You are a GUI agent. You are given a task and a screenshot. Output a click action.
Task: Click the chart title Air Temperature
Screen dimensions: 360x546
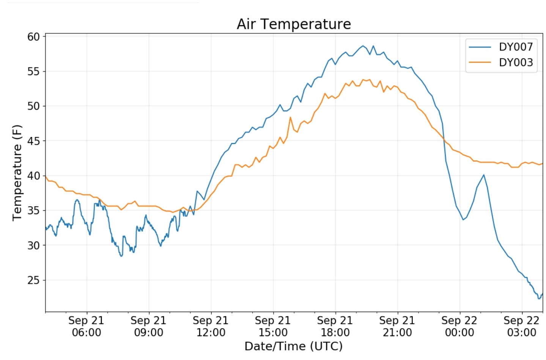tap(294, 24)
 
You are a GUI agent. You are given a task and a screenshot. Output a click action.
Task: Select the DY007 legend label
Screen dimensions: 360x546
tap(516, 47)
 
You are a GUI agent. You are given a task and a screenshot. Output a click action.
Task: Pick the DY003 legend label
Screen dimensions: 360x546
tap(516, 62)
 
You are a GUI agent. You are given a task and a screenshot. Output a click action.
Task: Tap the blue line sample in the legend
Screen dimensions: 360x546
tap(480, 47)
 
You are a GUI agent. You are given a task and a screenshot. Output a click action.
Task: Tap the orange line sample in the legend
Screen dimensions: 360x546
tap(480, 62)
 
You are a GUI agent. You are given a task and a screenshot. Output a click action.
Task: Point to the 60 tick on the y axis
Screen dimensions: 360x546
tap(33, 37)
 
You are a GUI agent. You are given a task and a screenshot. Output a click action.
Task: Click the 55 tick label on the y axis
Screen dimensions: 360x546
tap(33, 71)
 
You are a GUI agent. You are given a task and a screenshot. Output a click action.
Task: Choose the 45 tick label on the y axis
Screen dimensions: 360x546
tap(33, 141)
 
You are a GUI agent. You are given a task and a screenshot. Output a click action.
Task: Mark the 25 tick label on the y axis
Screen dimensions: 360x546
tap(33, 280)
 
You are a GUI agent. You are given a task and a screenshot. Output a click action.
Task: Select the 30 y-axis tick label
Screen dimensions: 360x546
tap(33, 245)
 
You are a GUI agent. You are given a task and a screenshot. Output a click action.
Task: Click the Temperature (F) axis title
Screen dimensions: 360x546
tap(17, 173)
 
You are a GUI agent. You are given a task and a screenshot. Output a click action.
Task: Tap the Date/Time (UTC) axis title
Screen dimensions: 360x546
tap(293, 346)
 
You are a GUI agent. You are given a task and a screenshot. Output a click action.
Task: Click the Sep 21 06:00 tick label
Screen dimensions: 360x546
tap(87, 327)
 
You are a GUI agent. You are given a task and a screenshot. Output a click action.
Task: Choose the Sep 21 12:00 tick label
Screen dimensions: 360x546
tap(211, 327)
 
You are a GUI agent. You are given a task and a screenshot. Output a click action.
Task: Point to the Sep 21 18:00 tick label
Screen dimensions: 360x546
tap(335, 327)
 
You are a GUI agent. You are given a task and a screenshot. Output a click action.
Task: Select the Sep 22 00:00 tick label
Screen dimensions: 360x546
tap(459, 327)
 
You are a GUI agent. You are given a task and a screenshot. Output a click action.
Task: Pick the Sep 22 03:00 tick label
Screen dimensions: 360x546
tap(521, 327)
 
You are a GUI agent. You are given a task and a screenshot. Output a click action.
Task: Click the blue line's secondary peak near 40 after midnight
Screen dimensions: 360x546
tap(484, 175)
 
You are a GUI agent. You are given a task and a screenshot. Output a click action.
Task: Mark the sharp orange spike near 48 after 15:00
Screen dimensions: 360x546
tap(291, 117)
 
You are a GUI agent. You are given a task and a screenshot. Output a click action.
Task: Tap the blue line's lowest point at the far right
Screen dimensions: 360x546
tap(539, 299)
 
